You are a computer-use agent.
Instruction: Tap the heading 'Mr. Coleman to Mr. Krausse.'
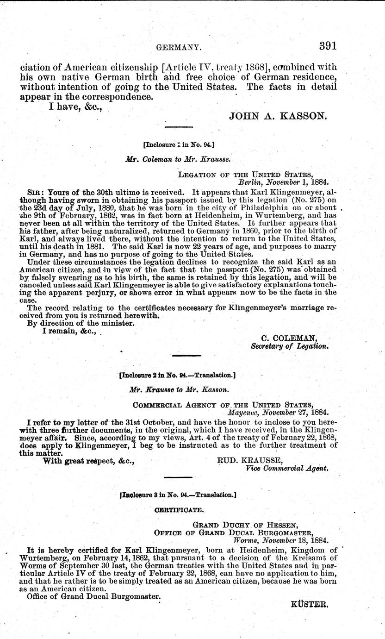tap(178, 158)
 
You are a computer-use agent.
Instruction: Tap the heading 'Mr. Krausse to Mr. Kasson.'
tap(177, 390)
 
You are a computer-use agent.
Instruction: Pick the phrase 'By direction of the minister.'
tap(74, 323)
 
